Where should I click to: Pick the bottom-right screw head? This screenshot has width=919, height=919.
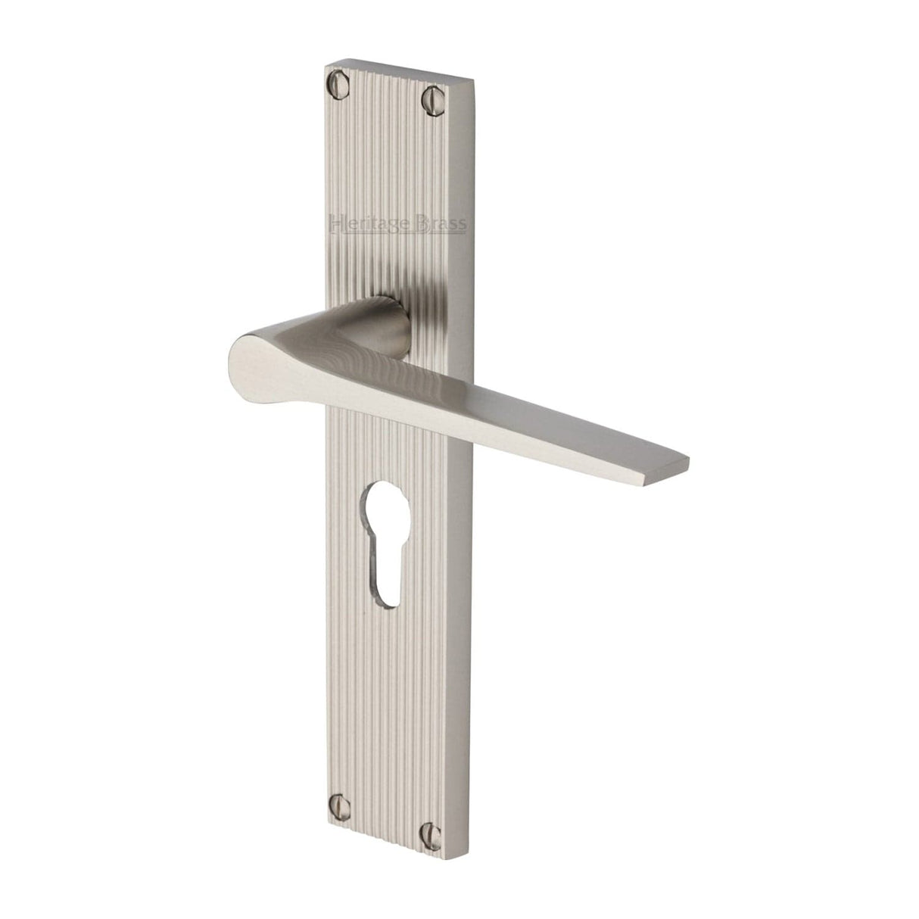431,830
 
